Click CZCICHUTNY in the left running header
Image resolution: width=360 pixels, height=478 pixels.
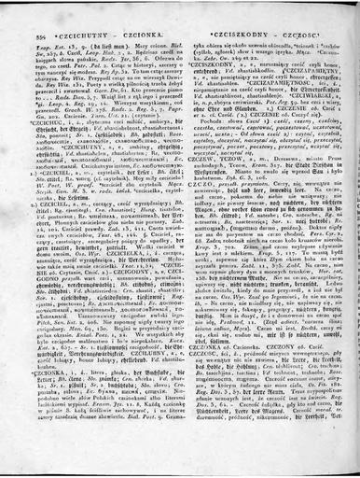coord(89,15)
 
